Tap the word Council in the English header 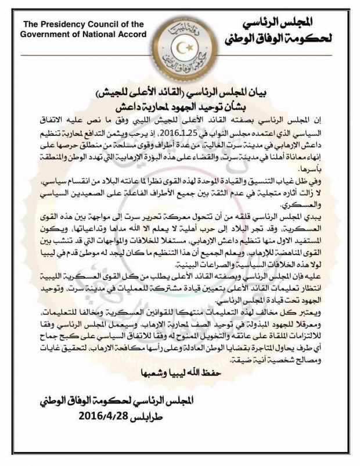coord(100,24)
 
